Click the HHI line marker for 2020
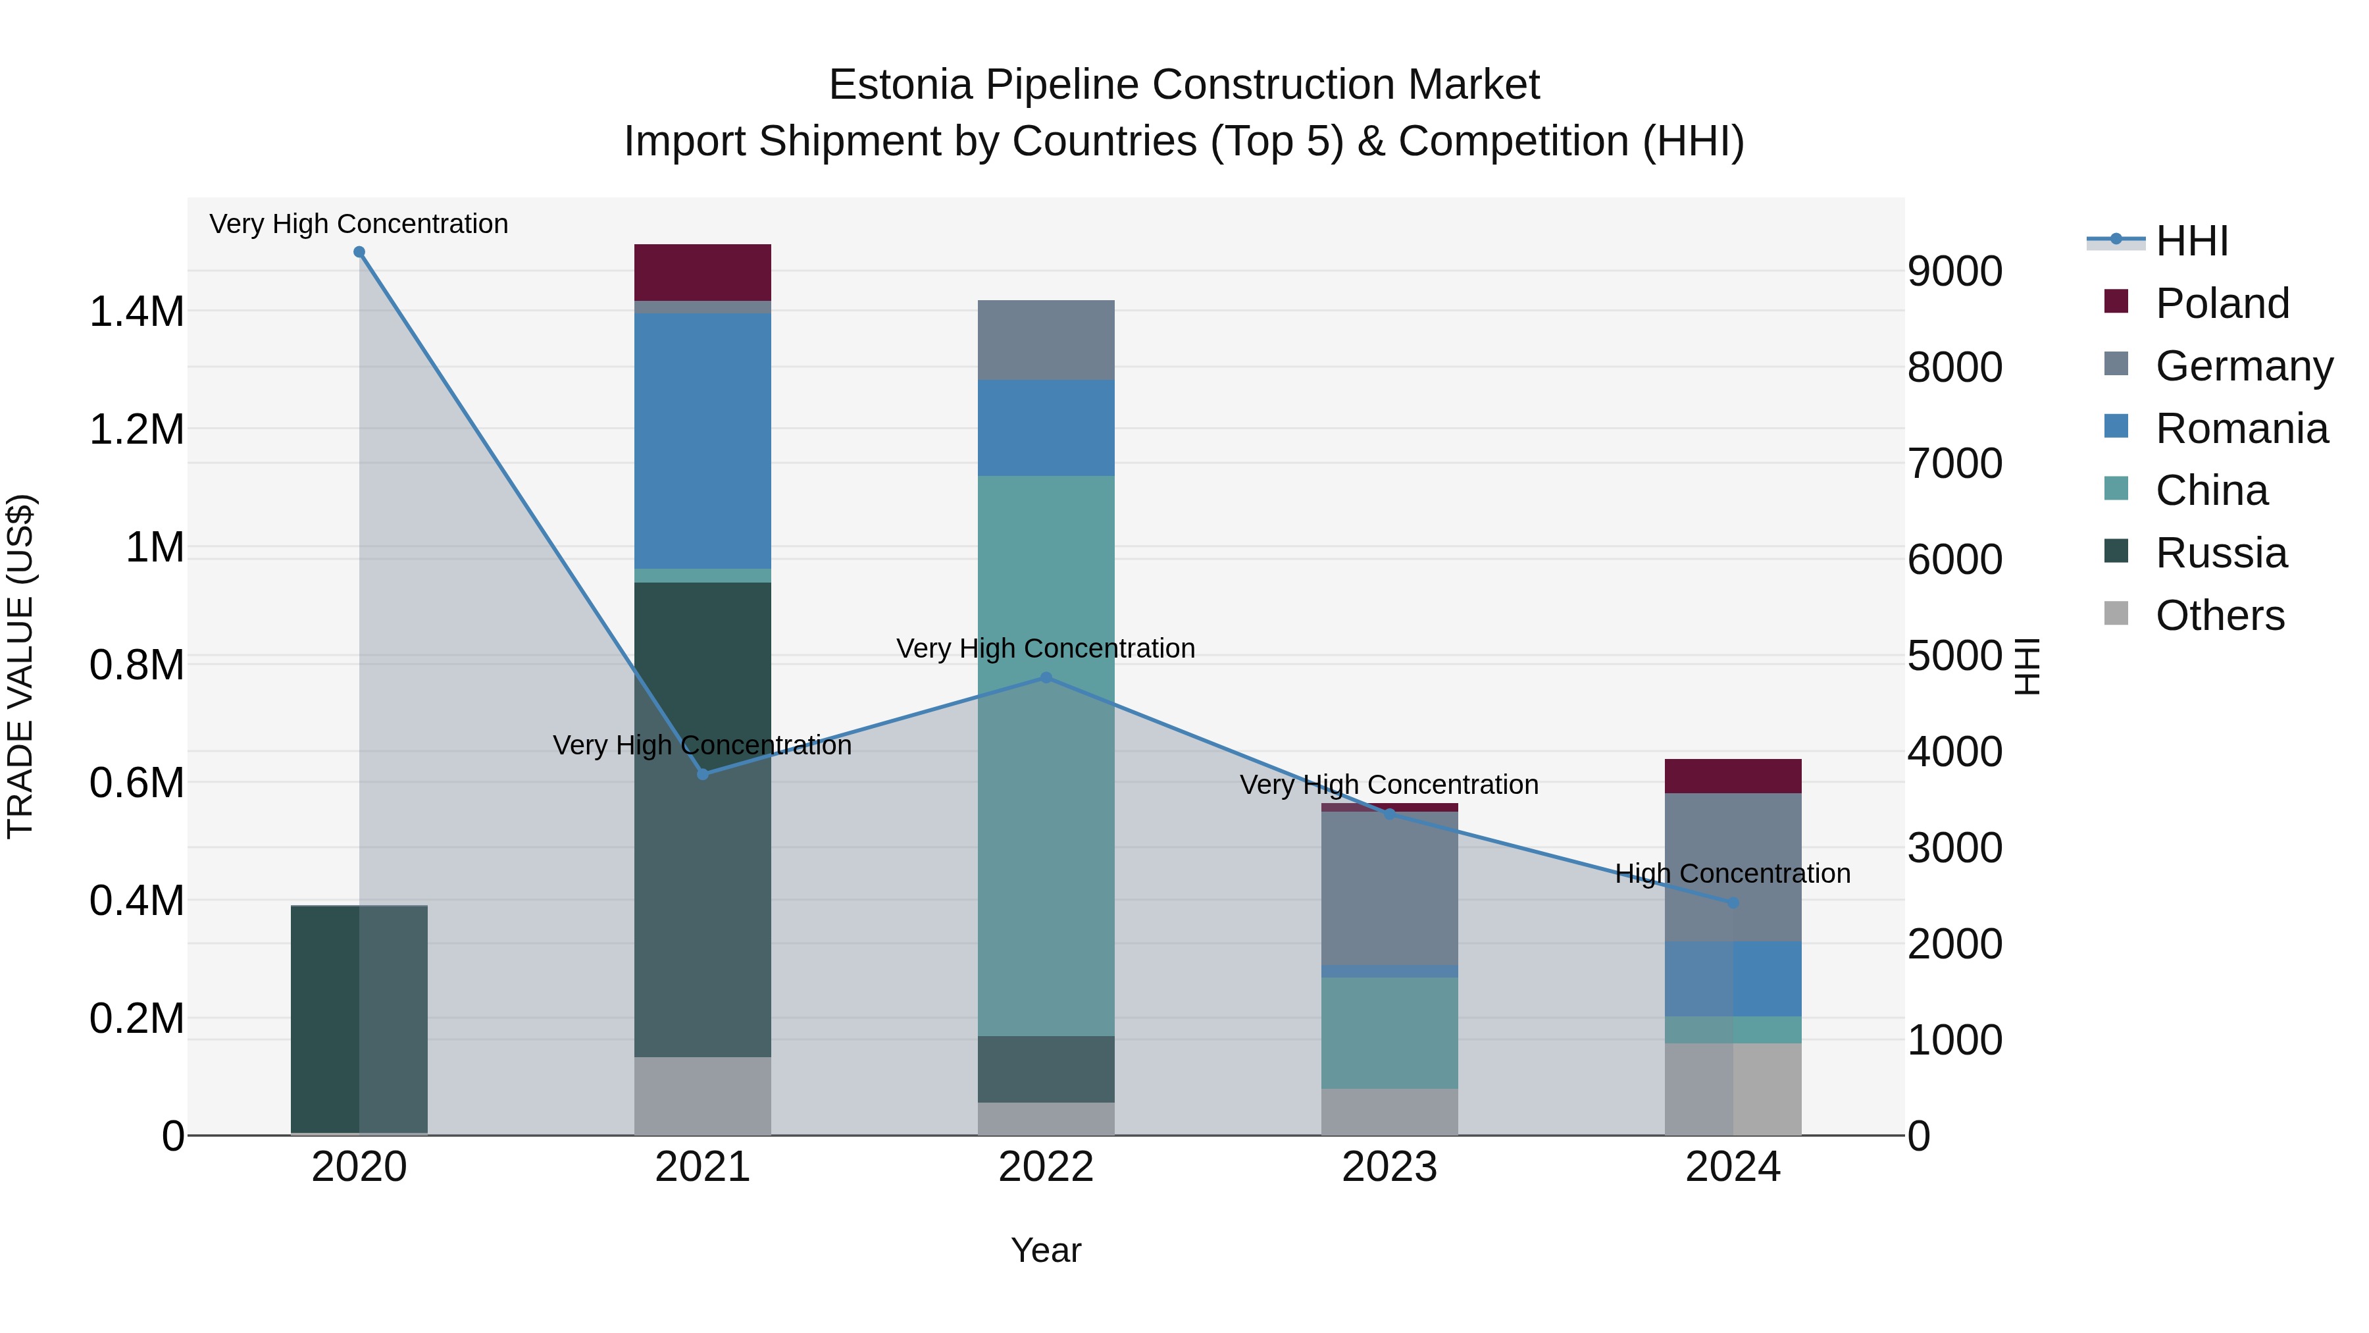click(x=359, y=252)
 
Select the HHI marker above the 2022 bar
click(x=1046, y=678)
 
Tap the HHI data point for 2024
click(x=1733, y=903)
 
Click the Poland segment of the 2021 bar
click(x=703, y=273)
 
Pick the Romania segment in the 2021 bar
click(x=703, y=442)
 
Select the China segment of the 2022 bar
click(x=1046, y=754)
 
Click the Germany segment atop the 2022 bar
click(x=1046, y=340)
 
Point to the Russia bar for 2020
click(x=359, y=1019)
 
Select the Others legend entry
click(x=2218, y=615)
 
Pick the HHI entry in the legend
click(x=2191, y=241)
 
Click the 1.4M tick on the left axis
click(x=136, y=312)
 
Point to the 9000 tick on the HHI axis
click(x=1954, y=271)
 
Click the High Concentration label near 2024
click(x=1733, y=873)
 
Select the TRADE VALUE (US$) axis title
click(x=20, y=666)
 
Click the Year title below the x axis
click(x=1046, y=1250)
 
